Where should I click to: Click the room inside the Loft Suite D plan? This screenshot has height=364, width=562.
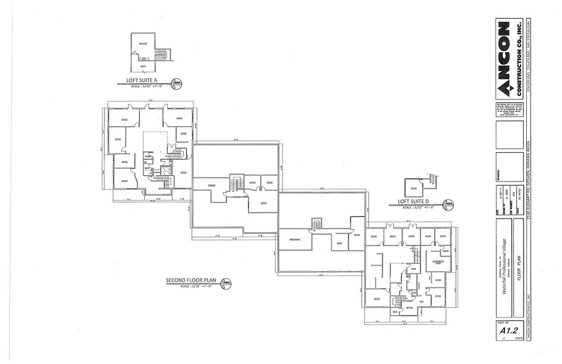[x=415, y=186]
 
